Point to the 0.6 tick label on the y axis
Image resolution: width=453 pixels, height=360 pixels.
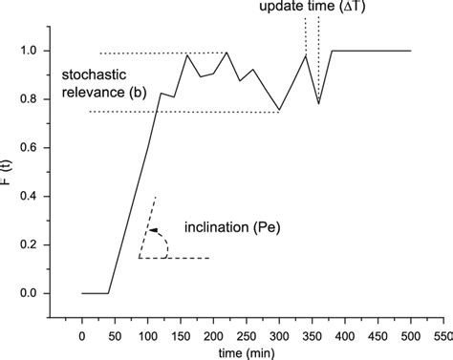40,147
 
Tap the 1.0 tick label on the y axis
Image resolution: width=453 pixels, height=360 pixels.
40,51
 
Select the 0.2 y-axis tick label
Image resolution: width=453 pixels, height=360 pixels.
40,244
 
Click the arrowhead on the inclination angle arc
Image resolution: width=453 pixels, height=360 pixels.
152,230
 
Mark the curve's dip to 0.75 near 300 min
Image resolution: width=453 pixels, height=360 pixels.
279,110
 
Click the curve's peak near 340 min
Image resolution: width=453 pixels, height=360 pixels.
305,55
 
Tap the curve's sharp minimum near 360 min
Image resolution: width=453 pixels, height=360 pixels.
318,103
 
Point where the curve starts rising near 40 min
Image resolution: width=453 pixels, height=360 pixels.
108,293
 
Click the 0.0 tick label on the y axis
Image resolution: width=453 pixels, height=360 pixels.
40,293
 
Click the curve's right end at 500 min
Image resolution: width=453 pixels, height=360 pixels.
411,51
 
